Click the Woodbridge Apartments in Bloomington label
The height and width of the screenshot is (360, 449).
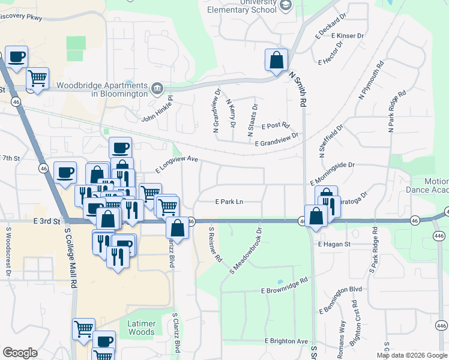pyautogui.click(x=102, y=89)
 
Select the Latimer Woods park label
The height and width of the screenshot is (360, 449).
pyautogui.click(x=142, y=328)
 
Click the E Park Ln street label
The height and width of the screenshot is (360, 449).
pyautogui.click(x=229, y=202)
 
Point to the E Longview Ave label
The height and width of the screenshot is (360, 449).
pyautogui.click(x=176, y=163)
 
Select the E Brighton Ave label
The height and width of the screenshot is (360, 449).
pyautogui.click(x=286, y=341)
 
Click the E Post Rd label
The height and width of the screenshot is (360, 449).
pyautogui.click(x=276, y=127)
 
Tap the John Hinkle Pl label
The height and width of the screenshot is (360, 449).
pyautogui.click(x=157, y=110)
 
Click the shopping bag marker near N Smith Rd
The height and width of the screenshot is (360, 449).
pyautogui.click(x=276, y=60)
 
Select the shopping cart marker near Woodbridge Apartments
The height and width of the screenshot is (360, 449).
pyautogui.click(x=37, y=77)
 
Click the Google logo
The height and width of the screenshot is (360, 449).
pyautogui.click(x=20, y=353)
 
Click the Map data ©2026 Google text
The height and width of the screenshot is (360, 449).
pyautogui.click(x=411, y=355)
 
